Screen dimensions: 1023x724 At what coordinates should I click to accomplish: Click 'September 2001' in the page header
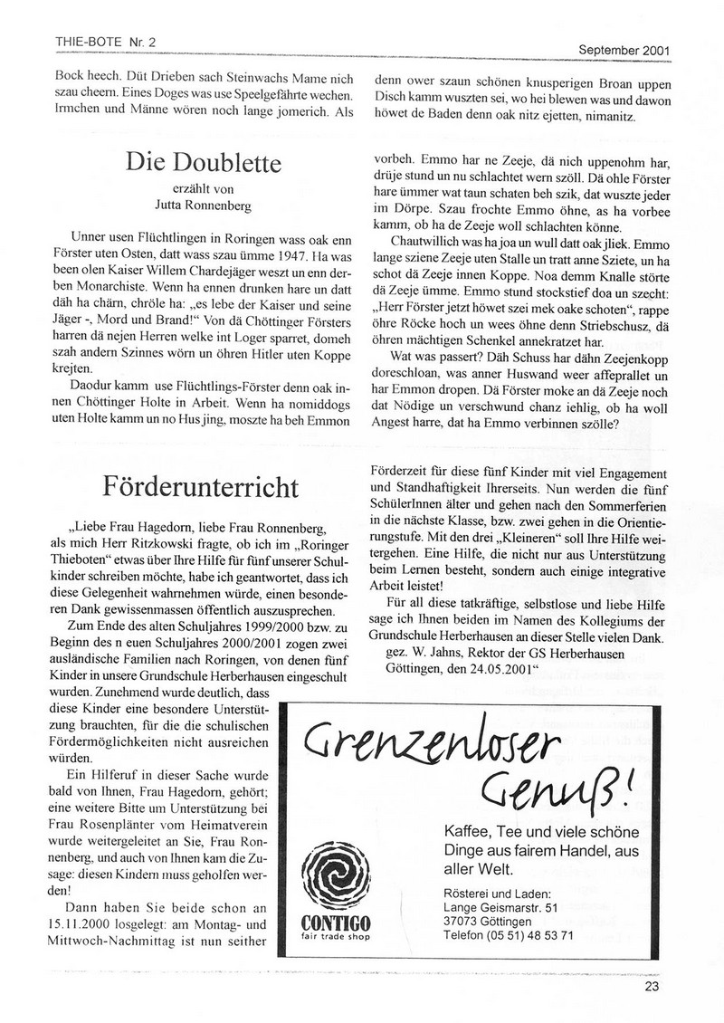(624, 50)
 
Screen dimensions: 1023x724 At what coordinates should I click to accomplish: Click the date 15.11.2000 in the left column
(76, 924)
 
